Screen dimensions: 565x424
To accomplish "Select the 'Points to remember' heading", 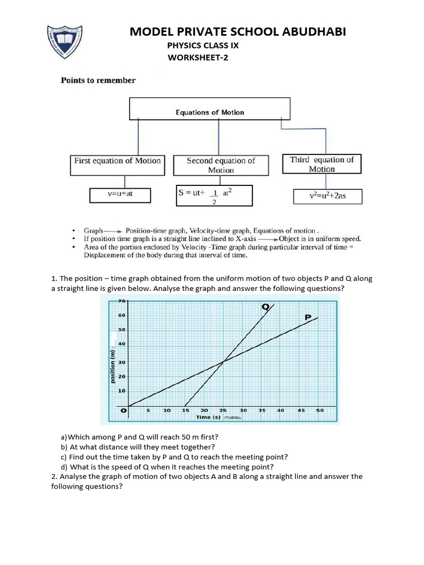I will pos(98,81).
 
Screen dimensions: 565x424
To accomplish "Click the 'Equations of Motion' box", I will pos(210,109).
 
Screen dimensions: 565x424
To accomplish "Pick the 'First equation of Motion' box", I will pos(118,164).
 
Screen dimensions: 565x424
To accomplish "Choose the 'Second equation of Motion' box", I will pos(221,165).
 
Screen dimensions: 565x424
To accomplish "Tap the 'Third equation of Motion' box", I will pos(321,164).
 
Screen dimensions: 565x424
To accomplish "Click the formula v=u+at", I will pos(120,194).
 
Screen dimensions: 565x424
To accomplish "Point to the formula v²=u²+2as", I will pos(327,196).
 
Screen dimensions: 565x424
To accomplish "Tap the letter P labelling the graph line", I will pos(308,317).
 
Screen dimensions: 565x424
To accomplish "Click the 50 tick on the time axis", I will pos(320,411).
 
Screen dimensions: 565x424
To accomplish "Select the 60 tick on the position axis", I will pos(123,316).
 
